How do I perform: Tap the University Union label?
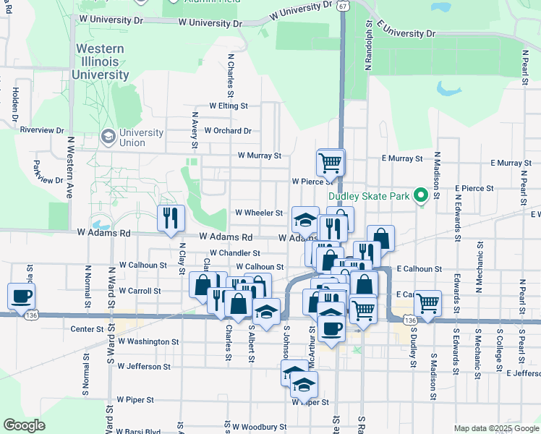point(141,137)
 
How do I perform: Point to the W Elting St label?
point(229,106)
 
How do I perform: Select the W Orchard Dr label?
point(227,131)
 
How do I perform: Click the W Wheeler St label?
point(259,213)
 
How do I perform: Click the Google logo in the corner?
point(24,425)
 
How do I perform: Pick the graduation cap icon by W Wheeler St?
point(305,219)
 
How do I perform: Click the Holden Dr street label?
point(14,103)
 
